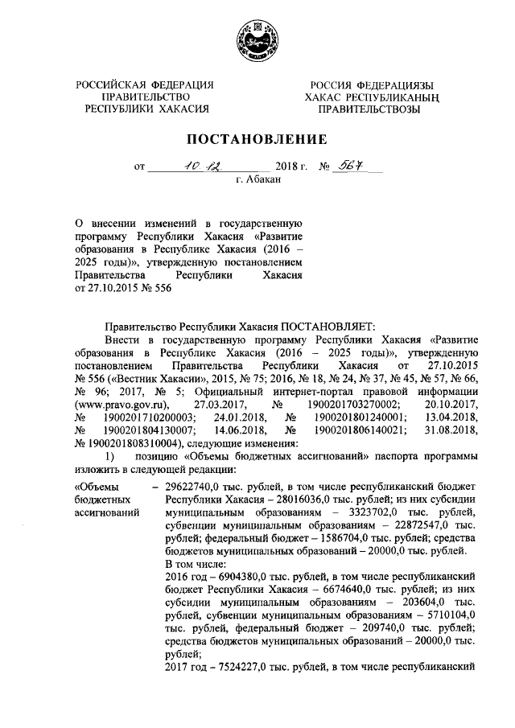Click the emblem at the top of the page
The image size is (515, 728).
[257, 40]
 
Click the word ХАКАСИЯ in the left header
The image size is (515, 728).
[180, 109]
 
